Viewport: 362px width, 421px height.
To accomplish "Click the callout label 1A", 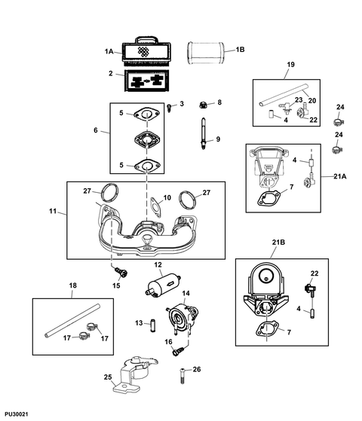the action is [109, 51].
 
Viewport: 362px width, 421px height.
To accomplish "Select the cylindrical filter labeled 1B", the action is [206, 53].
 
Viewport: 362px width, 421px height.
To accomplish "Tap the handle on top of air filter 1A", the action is [146, 40].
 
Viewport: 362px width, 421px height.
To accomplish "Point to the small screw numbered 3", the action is [169, 108].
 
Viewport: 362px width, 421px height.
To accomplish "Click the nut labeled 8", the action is [204, 105].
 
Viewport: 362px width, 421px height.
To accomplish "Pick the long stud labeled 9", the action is [203, 133].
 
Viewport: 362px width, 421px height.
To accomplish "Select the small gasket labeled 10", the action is [156, 207].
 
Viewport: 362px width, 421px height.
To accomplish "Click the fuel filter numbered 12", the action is [163, 285].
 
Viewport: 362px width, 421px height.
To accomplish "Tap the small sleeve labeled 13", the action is [153, 325].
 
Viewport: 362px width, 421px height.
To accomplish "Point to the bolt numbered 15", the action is [121, 273].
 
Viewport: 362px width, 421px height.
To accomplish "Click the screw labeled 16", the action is [179, 351].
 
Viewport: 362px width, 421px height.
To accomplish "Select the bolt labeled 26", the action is [183, 376].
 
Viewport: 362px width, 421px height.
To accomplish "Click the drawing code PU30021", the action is [16, 414].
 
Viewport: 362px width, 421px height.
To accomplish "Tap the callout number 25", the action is [108, 377].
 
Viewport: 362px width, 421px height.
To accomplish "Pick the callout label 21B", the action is [278, 243].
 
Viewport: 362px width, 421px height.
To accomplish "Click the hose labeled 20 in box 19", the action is [284, 95].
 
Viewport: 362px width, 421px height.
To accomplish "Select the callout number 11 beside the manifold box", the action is [53, 211].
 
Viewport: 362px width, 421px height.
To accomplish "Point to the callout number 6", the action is [96, 130].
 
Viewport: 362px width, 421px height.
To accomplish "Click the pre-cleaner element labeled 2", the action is [147, 81].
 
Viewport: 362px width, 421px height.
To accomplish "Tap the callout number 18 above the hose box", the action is [73, 285].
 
